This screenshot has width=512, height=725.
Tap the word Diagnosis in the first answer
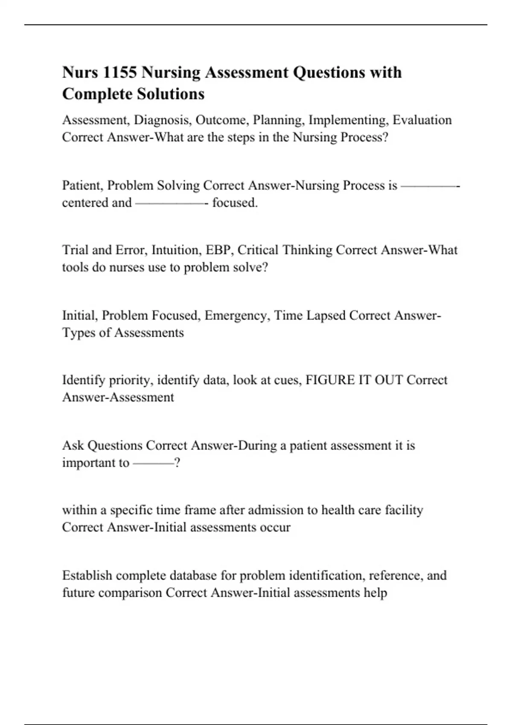click(163, 120)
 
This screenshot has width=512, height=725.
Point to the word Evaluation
click(422, 120)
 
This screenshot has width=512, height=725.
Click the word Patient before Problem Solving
click(83, 186)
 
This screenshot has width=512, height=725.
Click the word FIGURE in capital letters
click(330, 380)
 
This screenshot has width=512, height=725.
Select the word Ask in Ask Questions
click(73, 446)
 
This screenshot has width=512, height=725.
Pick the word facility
click(404, 510)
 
